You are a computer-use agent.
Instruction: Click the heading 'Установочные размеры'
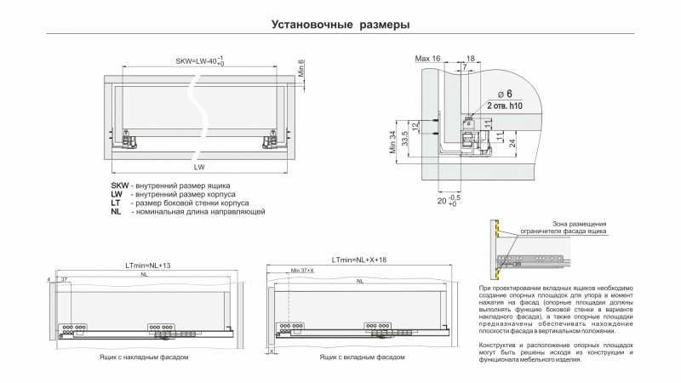click(x=340, y=24)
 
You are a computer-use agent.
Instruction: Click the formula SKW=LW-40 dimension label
click(x=198, y=61)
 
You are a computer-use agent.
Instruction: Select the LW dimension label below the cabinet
click(x=198, y=167)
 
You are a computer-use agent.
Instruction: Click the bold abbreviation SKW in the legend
click(x=119, y=186)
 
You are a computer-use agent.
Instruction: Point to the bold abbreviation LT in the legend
click(x=115, y=203)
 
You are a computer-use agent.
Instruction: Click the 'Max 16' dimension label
click(x=427, y=58)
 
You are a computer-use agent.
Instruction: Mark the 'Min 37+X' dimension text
click(x=303, y=271)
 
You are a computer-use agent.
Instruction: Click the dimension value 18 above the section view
click(x=471, y=58)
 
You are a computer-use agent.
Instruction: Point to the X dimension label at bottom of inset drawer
click(x=271, y=350)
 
